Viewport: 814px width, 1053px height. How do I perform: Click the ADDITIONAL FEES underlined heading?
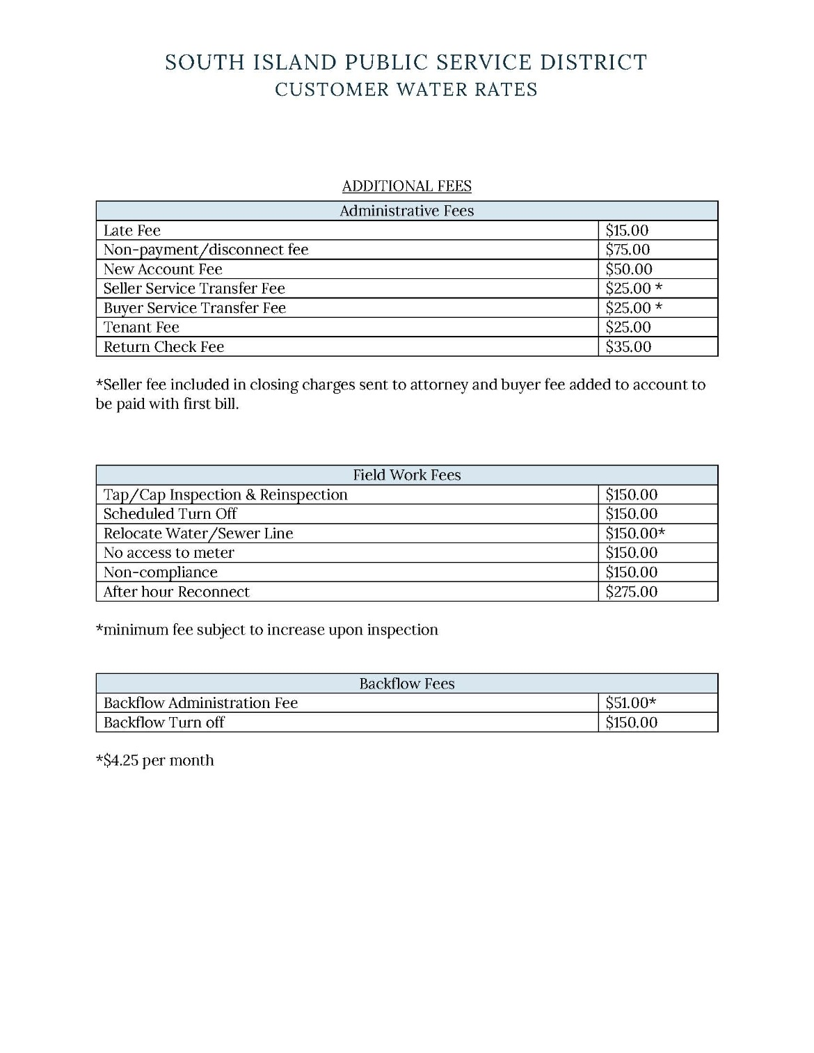pyautogui.click(x=406, y=186)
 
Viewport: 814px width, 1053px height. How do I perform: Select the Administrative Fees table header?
pyautogui.click(x=406, y=211)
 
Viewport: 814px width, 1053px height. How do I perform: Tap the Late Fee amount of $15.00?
pyautogui.click(x=627, y=230)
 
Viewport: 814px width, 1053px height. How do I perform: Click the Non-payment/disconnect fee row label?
pyautogui.click(x=206, y=250)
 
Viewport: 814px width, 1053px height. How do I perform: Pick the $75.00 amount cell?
pyautogui.click(x=628, y=250)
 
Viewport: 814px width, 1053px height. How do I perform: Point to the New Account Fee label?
pyautogui.click(x=163, y=269)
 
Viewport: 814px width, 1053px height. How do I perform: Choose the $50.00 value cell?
pyautogui.click(x=629, y=269)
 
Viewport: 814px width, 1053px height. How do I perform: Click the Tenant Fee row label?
pyautogui.click(x=141, y=327)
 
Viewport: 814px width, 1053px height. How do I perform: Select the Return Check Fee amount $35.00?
pyautogui.click(x=628, y=346)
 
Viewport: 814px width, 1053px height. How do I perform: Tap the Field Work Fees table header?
pyautogui.click(x=406, y=475)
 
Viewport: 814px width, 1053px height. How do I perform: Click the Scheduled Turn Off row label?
pyautogui.click(x=170, y=514)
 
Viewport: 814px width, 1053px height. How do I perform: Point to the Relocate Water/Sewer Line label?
pyautogui.click(x=198, y=533)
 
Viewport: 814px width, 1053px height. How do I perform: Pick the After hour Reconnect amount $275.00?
pyautogui.click(x=631, y=592)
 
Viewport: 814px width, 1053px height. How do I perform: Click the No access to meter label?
pyautogui.click(x=169, y=553)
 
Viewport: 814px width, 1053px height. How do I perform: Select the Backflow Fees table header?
pyautogui.click(x=406, y=684)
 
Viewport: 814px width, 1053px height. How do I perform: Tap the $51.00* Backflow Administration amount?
pyautogui.click(x=630, y=703)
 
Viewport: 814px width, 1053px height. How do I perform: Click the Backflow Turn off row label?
pyautogui.click(x=163, y=723)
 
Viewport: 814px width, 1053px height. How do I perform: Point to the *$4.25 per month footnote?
pyautogui.click(x=154, y=760)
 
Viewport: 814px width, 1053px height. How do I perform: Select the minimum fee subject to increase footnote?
pyautogui.click(x=266, y=630)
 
